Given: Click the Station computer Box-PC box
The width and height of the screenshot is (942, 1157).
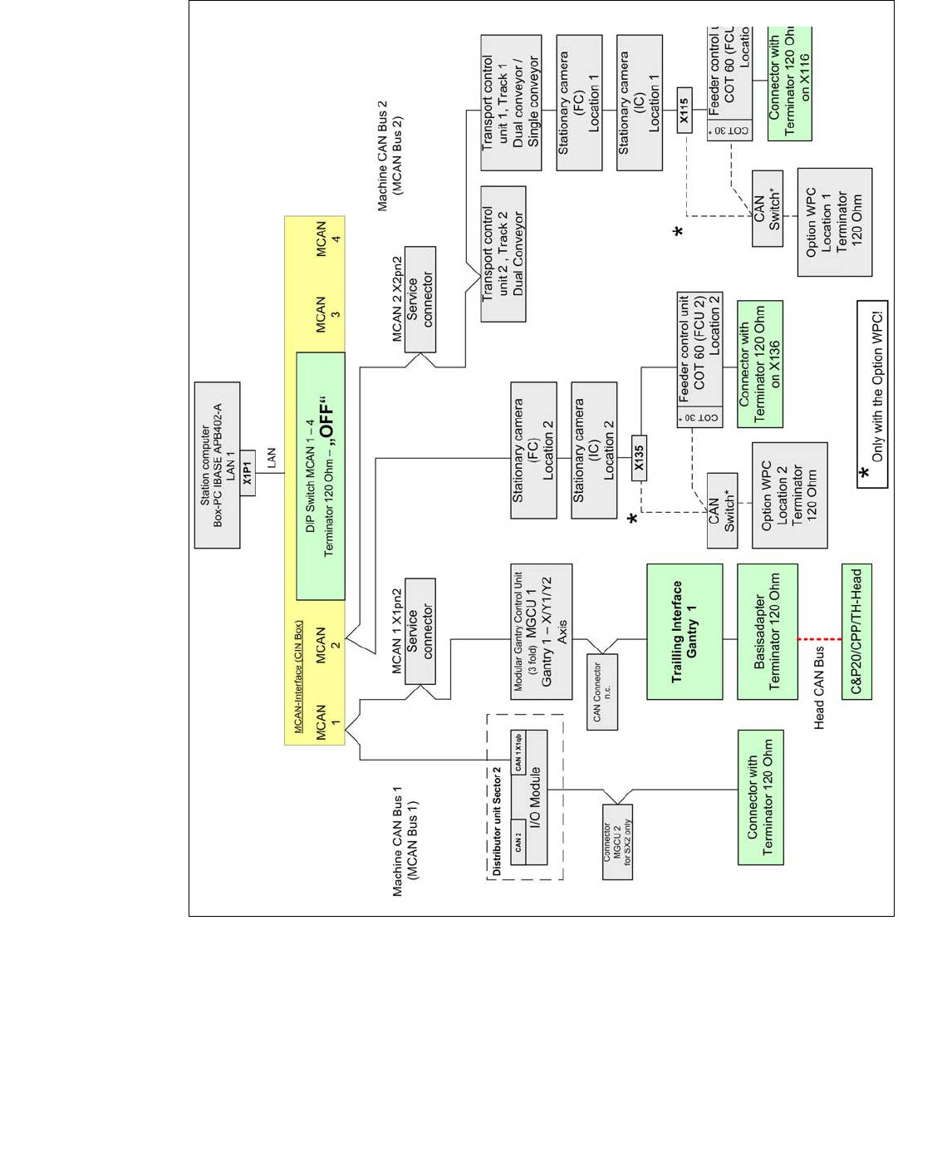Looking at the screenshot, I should pyautogui.click(x=217, y=465).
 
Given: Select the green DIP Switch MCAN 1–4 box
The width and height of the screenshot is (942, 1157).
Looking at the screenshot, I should pyautogui.click(x=321, y=475).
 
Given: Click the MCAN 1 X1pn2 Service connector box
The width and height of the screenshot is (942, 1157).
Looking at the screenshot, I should pyautogui.click(x=419, y=631).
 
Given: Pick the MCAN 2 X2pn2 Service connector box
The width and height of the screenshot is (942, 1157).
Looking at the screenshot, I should pyautogui.click(x=419, y=299).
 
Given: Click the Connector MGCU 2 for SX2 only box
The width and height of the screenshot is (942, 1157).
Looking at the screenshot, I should pyautogui.click(x=617, y=842).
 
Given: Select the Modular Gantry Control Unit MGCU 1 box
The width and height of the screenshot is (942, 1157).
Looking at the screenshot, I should pyautogui.click(x=542, y=632).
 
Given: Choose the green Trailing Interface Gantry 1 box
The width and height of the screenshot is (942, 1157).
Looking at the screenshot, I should pyautogui.click(x=684, y=632).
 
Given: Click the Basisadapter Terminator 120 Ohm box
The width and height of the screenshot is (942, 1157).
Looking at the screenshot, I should pyautogui.click(x=767, y=632).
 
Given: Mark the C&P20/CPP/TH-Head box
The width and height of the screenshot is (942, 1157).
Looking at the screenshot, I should pyautogui.click(x=856, y=633).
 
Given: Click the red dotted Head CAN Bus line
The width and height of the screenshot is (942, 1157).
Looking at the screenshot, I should pyautogui.click(x=819, y=638).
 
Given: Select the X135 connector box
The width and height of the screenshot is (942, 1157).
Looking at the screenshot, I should pyautogui.click(x=639, y=457).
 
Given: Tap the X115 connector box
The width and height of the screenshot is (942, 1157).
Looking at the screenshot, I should pyautogui.click(x=684, y=111).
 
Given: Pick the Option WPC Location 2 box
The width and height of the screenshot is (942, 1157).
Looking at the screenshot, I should pyautogui.click(x=789, y=495).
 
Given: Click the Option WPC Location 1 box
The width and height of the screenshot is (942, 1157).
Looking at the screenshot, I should pyautogui.click(x=834, y=222).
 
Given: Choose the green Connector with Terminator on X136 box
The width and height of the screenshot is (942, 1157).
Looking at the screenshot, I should pyautogui.click(x=759, y=364).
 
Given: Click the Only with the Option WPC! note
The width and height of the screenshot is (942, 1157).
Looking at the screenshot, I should pyautogui.click(x=872, y=394).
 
